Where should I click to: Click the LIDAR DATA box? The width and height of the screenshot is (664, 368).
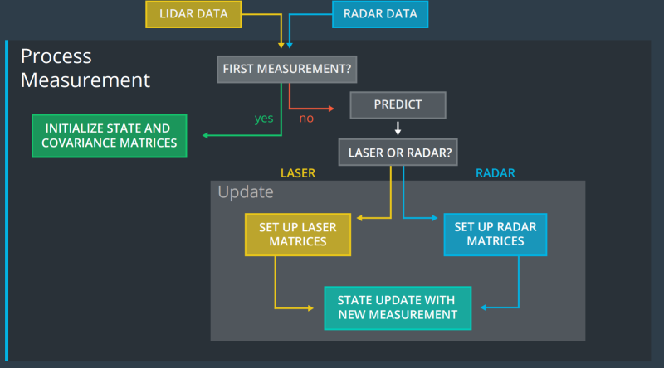coord(193,14)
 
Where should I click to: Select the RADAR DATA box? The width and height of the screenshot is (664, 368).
coord(380,14)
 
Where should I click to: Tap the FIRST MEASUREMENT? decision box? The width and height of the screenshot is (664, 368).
coord(287,70)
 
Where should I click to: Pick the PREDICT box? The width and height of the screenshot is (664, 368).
coord(398,104)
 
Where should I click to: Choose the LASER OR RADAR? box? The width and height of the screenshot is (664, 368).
coord(398,153)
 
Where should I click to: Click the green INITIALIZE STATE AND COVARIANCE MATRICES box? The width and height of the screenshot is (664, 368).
coord(108,135)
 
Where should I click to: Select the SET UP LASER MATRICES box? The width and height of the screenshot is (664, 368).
coord(297,234)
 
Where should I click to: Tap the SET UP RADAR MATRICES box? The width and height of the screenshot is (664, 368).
coord(496,234)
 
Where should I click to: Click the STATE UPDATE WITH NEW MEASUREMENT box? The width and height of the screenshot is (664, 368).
coord(398,307)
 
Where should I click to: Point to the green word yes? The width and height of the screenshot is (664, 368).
coord(264,118)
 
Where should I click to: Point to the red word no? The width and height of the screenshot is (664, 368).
coord(306,118)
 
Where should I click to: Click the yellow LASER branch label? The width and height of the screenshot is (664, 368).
coord(298,173)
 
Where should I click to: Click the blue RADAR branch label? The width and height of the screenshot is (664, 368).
coord(496,173)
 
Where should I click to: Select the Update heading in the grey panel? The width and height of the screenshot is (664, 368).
coord(245,192)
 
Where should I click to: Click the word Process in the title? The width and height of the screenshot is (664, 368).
coord(56,56)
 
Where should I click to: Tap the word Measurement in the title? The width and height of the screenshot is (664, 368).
coord(85,80)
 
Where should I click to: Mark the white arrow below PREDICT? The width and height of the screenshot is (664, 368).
coord(398,128)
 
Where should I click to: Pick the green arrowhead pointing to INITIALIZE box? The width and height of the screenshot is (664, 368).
coord(204,135)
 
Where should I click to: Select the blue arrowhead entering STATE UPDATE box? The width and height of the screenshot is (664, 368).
coord(485,307)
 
